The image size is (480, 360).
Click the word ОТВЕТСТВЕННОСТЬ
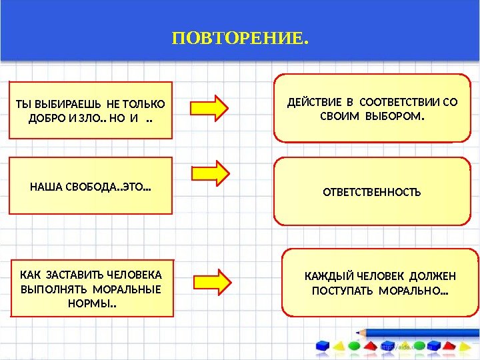[372, 193]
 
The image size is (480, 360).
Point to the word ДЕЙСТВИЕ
[311, 103]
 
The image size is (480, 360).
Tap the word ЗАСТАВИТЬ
[77, 275]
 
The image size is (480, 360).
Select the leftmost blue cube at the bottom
[323, 346]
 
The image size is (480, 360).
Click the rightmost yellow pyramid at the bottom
[464, 346]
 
